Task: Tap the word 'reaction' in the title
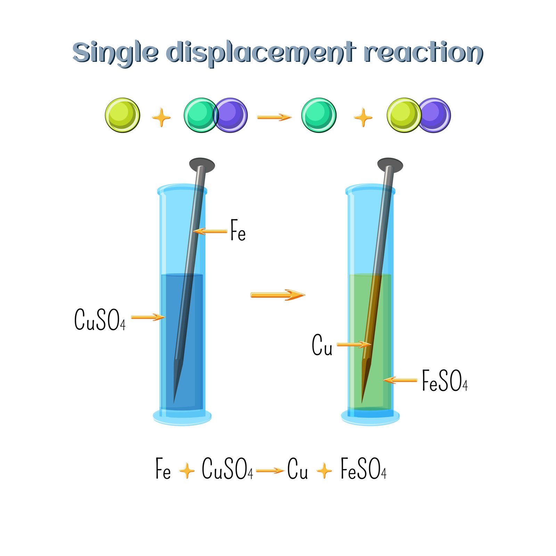coord(424,52)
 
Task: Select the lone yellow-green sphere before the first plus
coord(123,115)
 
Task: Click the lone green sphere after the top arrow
coord(319,115)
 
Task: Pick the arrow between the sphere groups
coord(274,117)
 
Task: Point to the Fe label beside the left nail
coord(238,230)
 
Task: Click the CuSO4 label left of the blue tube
coord(100,319)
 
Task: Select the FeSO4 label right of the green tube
coord(445,381)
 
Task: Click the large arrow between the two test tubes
coord(278,295)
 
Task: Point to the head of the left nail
coord(202,165)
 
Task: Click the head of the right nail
coord(390,165)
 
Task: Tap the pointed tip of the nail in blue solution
coord(174,403)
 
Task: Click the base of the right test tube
coord(370,417)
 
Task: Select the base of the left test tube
coord(182,417)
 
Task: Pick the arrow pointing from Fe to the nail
coord(210,231)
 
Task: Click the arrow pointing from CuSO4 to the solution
coord(148,317)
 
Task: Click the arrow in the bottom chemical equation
coord(270,471)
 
